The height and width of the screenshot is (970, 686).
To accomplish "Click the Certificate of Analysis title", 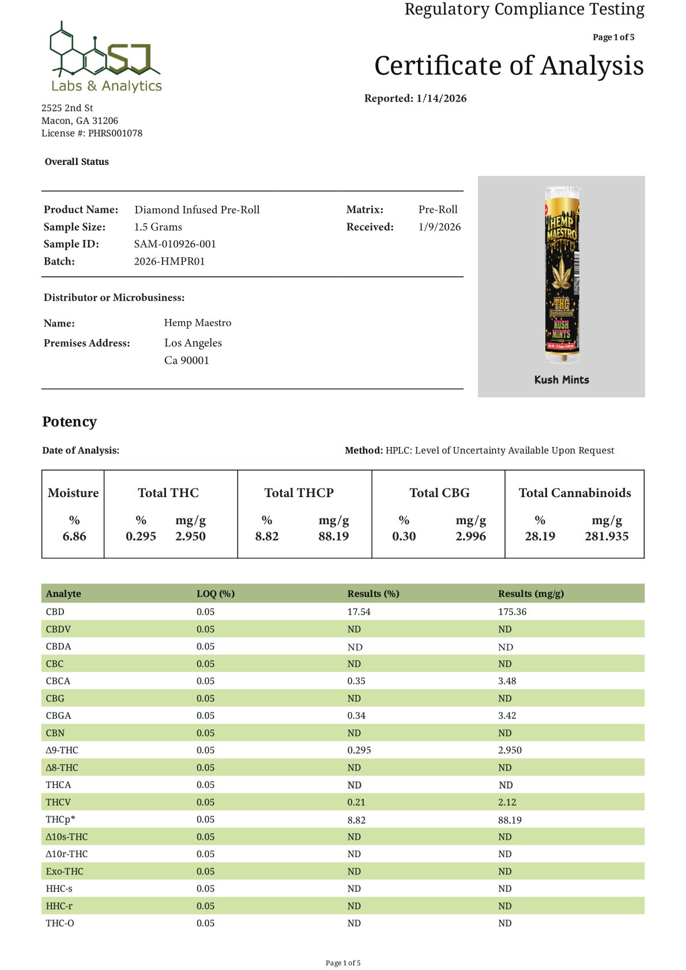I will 508,66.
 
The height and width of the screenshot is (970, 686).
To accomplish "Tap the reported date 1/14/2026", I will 441,99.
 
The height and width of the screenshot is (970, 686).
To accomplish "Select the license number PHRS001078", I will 115,133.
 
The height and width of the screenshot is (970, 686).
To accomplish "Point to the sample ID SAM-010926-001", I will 175,244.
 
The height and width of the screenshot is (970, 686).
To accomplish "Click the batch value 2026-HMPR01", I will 169,261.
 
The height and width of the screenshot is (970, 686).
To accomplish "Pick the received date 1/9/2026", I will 439,227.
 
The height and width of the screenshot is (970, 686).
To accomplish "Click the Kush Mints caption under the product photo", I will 561,380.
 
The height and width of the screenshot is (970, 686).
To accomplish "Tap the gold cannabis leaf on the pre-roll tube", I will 561,275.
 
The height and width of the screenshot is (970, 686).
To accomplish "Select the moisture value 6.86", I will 74,536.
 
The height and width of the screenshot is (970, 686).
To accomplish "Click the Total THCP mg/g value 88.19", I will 333,536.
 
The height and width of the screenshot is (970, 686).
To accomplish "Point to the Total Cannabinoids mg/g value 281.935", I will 606,536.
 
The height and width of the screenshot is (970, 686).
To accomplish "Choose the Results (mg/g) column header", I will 531,593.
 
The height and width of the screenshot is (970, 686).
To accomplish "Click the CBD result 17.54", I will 359,612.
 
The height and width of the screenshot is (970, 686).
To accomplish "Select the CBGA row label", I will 58,716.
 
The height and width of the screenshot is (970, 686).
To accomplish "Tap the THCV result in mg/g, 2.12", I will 507,802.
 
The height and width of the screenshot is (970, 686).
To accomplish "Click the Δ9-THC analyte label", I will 62,750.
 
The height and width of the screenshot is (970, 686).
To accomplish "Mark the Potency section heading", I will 69,422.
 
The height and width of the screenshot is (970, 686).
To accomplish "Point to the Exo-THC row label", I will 65,871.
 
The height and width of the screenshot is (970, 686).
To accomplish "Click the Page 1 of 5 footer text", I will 343,963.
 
